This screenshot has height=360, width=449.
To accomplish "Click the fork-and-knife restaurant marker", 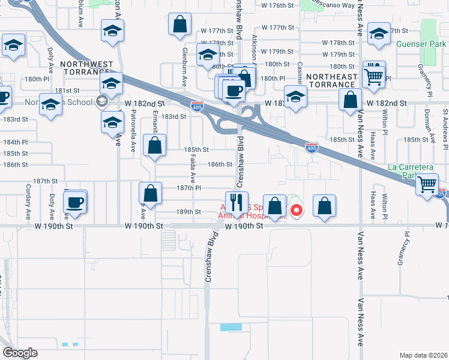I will (x=236, y=202).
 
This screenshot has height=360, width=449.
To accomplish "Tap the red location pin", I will (x=296, y=211).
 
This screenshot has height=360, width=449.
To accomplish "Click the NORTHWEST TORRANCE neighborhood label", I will (x=85, y=68).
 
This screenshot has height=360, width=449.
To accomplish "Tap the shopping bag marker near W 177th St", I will (x=179, y=26).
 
